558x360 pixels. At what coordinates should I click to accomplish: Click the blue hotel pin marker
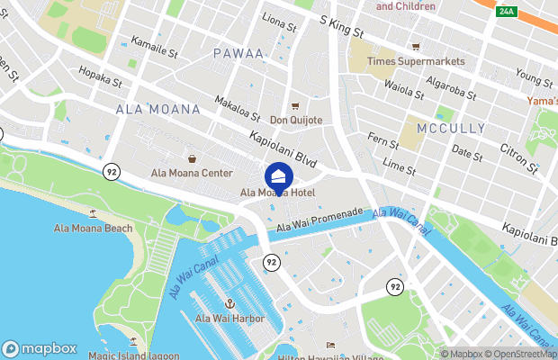point(278,175)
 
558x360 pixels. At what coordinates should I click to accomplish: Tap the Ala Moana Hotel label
point(278,193)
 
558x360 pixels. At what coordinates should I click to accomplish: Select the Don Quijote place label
point(295,120)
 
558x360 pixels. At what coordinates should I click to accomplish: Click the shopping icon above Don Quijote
point(294,105)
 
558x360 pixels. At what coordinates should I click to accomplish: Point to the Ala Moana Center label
point(191,173)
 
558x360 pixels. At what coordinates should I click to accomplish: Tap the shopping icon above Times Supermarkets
point(416,47)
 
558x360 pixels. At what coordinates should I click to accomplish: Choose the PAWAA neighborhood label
point(238,54)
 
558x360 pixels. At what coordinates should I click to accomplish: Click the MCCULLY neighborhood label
point(451,129)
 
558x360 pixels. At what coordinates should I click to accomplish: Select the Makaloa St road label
point(238,109)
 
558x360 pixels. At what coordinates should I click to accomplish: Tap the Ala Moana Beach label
point(93,229)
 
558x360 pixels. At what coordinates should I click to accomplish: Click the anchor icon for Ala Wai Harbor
point(229,303)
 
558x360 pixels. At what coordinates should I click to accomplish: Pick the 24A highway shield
point(507,11)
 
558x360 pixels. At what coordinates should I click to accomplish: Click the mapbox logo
point(40,348)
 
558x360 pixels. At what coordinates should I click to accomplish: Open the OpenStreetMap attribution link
point(519,354)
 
